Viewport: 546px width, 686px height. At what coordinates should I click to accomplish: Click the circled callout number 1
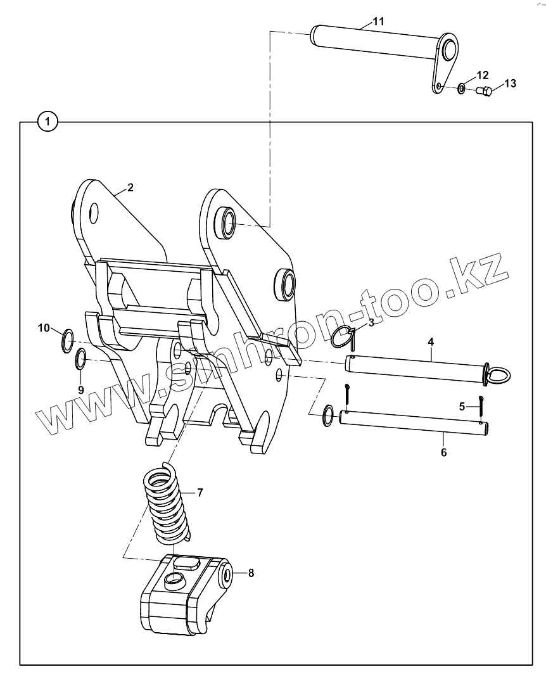tap(48, 120)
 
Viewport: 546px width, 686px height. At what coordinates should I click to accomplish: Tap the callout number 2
tap(130, 187)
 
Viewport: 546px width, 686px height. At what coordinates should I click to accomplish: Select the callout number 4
tap(430, 342)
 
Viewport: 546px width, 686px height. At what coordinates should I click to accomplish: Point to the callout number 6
tap(443, 453)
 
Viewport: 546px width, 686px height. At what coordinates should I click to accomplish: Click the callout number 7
tap(200, 492)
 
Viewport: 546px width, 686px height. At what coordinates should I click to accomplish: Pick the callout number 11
tap(378, 22)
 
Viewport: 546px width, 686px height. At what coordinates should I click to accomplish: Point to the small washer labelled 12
tap(462, 87)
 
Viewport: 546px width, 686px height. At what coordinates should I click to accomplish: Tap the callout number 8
tap(251, 573)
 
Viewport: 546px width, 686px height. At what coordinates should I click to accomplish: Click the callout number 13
tap(510, 84)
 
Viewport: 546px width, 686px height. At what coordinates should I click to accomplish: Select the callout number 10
tap(43, 327)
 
